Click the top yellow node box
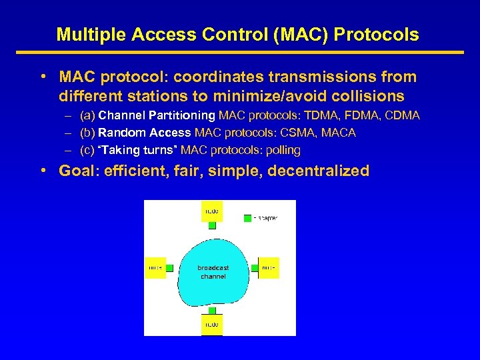point(212,211)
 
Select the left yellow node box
point(155,267)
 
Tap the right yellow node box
point(268,267)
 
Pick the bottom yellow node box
point(212,325)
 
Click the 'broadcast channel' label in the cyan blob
point(213,272)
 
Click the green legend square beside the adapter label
point(247,218)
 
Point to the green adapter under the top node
point(212,226)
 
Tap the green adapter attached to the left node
point(169,268)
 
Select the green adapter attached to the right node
point(254,268)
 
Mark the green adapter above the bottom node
point(212,311)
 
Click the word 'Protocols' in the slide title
point(379,35)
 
